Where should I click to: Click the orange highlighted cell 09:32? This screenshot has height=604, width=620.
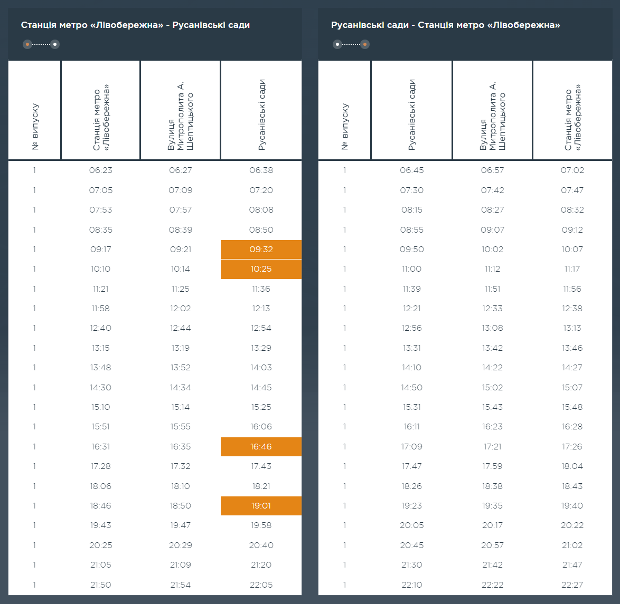261,250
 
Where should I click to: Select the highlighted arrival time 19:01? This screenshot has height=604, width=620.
261,506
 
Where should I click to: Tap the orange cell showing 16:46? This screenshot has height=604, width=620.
261,447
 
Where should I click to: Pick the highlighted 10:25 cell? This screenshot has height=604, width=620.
261,269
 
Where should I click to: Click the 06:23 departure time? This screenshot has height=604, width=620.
101,170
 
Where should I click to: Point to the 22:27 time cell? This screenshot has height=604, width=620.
572,584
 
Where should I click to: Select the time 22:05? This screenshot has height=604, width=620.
261,584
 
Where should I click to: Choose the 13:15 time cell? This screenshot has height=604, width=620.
101,348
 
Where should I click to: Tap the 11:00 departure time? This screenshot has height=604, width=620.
411,269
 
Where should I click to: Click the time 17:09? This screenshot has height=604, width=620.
411,447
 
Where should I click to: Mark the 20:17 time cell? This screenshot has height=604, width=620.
492,525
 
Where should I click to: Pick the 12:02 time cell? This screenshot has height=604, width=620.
181,309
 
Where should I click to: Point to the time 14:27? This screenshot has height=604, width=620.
572,368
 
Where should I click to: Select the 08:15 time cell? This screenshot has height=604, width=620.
411,210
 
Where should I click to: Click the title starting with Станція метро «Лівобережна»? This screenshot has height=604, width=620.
135,25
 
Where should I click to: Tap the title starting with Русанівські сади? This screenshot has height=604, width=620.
445,25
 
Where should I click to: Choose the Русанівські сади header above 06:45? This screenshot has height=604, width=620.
412,115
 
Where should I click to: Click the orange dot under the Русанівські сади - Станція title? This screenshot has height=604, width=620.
365,44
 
